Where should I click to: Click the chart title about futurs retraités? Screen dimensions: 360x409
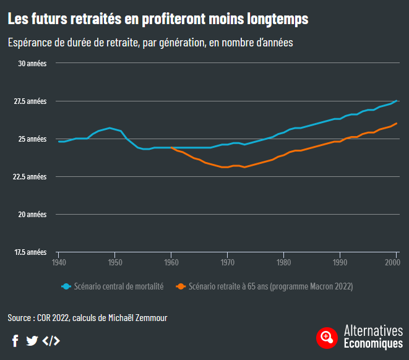click(158, 19)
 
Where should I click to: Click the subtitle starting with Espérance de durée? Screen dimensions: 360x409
click(150, 43)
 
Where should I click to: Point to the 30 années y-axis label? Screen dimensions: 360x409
click(32, 63)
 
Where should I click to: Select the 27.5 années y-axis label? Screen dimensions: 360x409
click(30, 101)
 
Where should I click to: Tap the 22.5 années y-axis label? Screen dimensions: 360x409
click(30, 176)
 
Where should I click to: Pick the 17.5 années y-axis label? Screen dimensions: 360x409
click(30, 252)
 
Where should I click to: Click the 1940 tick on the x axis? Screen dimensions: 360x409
click(59, 263)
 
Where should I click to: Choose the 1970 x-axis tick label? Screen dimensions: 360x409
click(228, 263)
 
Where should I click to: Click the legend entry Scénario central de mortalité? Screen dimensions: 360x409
click(118, 286)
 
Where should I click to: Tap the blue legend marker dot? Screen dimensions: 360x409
click(66, 286)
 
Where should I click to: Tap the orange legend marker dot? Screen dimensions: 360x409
click(181, 286)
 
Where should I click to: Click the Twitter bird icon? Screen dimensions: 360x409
click(32, 340)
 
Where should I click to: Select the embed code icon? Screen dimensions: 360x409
click(51, 340)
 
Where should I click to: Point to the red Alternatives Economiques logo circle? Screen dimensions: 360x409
click(326, 337)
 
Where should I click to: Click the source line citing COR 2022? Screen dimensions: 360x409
click(87, 318)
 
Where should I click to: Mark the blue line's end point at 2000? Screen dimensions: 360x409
click(396, 101)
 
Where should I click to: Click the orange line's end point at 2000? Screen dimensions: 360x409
click(396, 124)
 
